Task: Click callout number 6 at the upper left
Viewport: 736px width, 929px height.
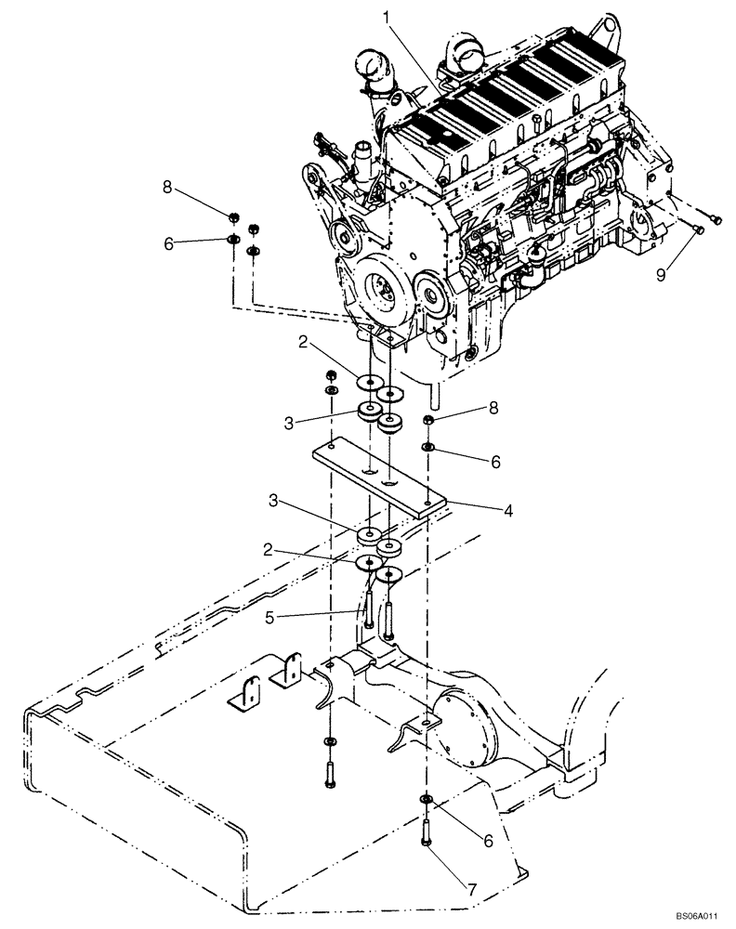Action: (x=168, y=242)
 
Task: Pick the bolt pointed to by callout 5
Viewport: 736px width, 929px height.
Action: (x=369, y=612)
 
